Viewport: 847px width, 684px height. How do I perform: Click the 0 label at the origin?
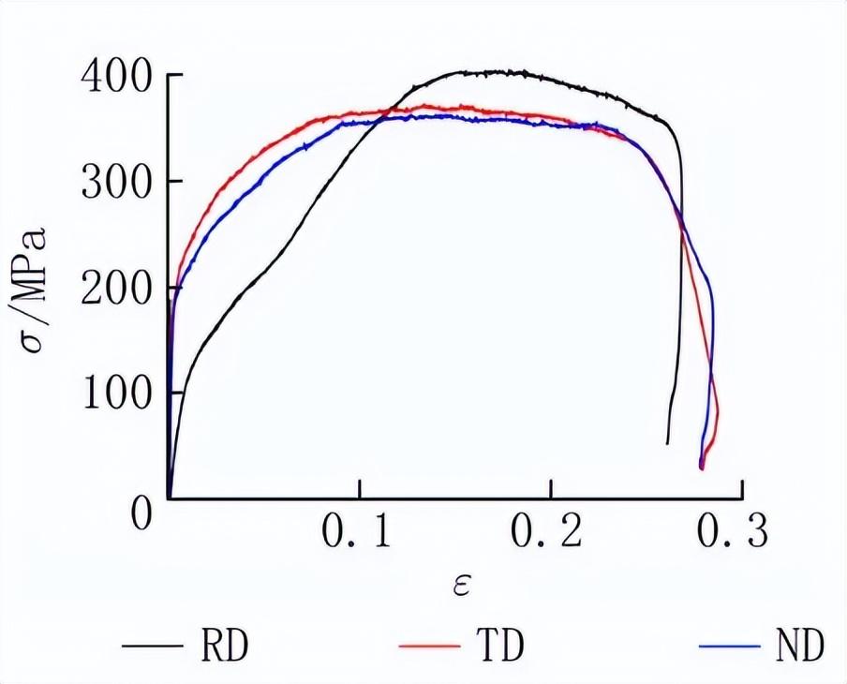141,514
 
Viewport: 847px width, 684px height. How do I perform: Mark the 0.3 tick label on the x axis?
734,532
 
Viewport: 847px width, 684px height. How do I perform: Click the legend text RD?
224,646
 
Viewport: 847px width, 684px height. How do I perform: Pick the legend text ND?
798,646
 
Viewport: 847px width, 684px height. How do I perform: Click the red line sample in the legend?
429,647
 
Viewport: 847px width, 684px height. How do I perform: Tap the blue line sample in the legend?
728,647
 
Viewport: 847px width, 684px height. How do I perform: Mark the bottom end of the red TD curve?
702,468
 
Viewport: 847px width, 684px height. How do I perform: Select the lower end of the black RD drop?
667,442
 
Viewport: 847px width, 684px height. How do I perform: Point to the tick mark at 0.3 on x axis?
742,492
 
